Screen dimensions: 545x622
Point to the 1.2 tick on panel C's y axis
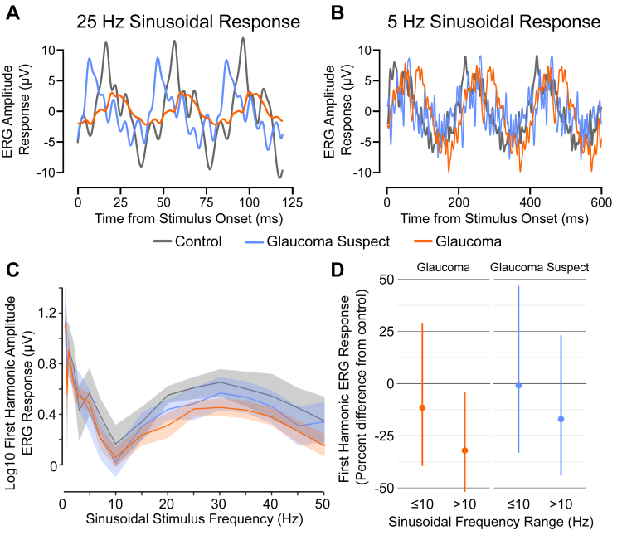tap(48, 313)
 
